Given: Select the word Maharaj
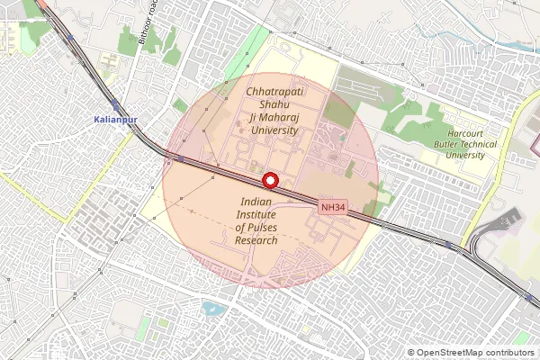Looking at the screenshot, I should tap(280, 117).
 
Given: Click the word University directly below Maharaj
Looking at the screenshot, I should tap(274, 130).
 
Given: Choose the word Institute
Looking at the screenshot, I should tap(258, 216).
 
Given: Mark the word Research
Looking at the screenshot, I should tap(256, 241).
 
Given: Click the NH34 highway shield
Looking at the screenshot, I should tap(333, 208).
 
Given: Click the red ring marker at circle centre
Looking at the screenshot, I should tap(268, 180).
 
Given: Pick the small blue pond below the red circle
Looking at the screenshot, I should tap(213, 310).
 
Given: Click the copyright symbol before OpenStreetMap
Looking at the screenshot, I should tap(411, 353).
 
